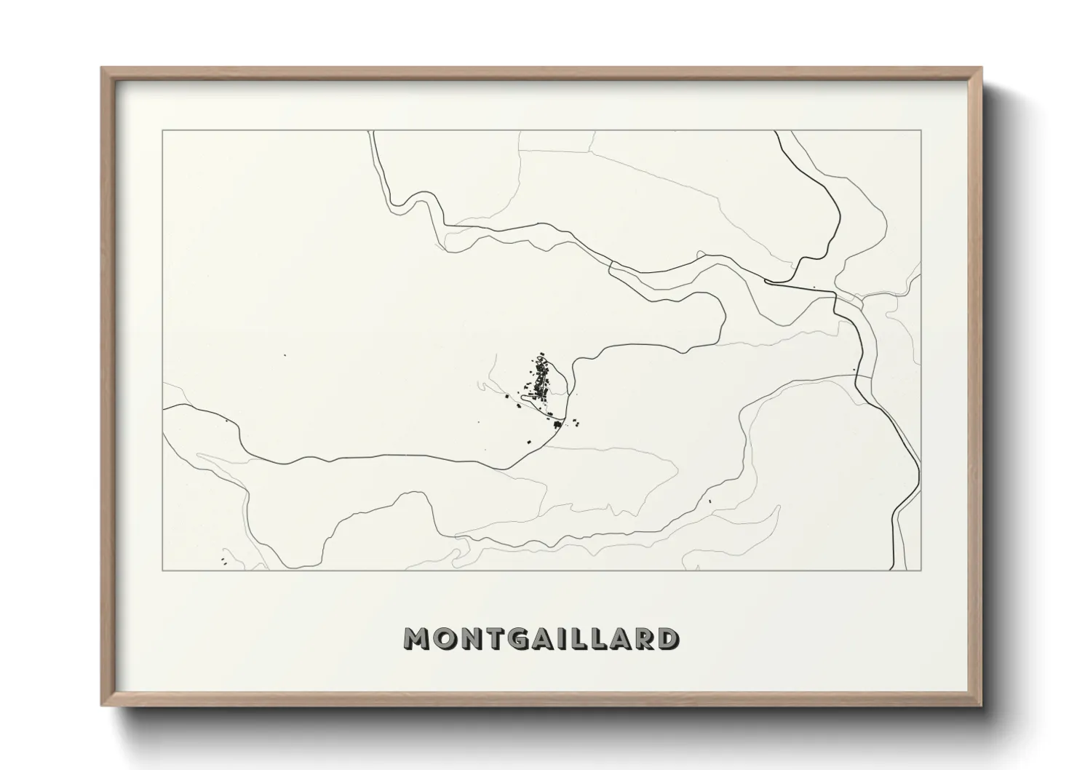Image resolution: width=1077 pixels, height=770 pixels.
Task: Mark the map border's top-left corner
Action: click(x=162, y=130)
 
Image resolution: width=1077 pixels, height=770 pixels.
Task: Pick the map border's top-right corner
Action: click(x=921, y=130)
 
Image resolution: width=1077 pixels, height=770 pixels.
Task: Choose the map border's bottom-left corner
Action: click(x=162, y=571)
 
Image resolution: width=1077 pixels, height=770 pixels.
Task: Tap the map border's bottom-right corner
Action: click(x=921, y=571)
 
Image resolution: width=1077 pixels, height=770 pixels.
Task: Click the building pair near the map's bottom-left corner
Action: click(x=222, y=560)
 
